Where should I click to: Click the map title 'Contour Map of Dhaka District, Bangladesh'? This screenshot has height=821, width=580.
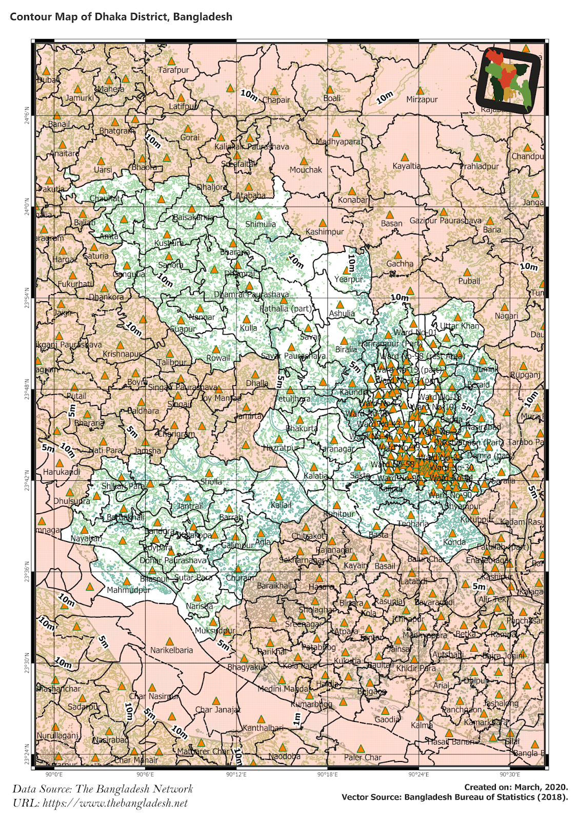121,17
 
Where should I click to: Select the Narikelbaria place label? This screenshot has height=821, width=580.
171,650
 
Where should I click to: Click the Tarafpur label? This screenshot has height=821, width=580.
173,70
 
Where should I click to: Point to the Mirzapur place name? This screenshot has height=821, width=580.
422,100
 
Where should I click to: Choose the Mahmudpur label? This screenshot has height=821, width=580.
128,590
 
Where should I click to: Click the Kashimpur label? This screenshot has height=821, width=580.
325,232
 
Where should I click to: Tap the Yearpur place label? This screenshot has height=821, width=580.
348,279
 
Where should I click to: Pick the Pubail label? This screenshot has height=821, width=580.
469,281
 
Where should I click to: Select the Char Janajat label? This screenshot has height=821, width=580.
217,710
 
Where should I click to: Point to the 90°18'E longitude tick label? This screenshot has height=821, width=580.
327,774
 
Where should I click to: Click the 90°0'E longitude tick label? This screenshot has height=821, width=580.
54,774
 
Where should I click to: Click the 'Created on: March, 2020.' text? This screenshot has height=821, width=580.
516,787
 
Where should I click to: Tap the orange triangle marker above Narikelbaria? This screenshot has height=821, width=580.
170,642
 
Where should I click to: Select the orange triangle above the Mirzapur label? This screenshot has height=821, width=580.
420,91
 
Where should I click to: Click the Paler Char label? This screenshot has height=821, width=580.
362,757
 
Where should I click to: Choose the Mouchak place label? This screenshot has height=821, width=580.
306,170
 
